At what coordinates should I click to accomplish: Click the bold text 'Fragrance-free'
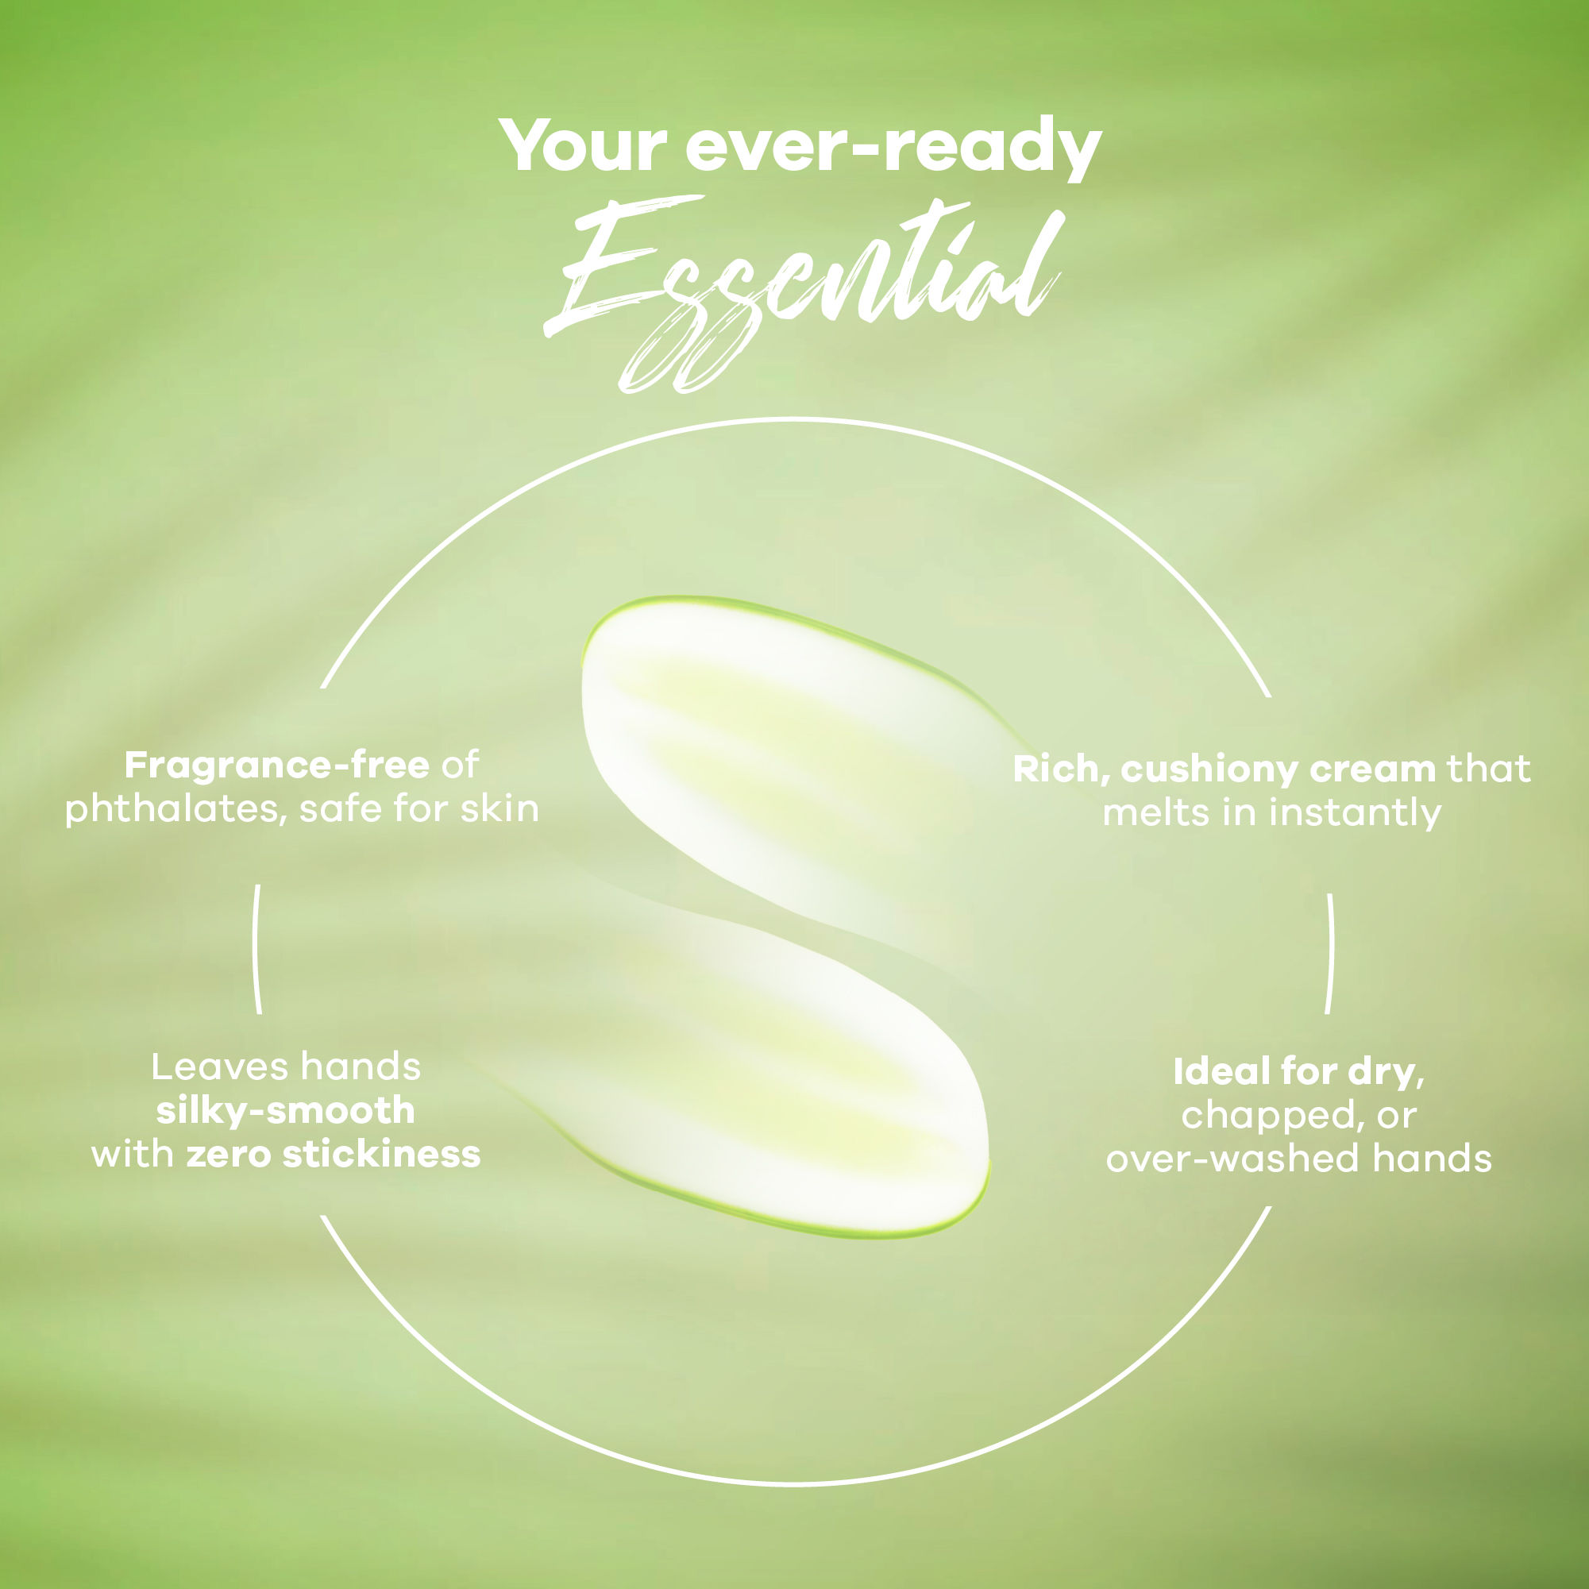pos(277,766)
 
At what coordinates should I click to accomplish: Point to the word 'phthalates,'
pos(175,809)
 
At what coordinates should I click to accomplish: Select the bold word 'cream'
pos(1373,769)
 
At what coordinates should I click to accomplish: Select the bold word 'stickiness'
pos(381,1155)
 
